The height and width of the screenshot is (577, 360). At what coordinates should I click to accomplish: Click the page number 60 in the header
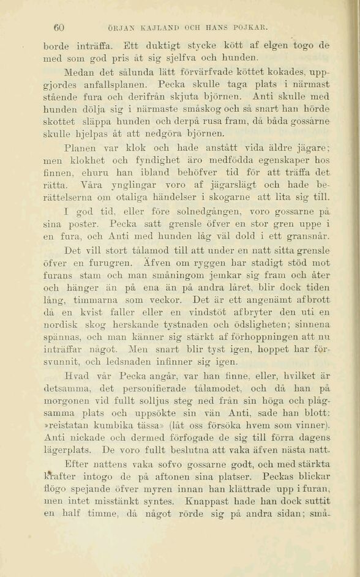click(x=59, y=28)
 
